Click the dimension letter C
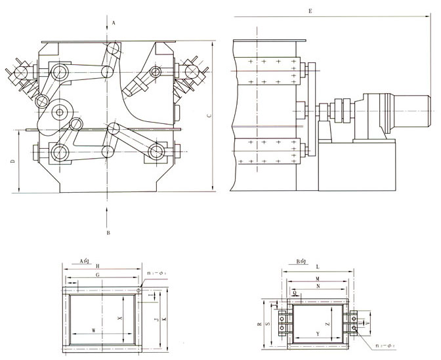pyautogui.click(x=208, y=116)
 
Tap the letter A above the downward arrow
pyautogui.click(x=114, y=23)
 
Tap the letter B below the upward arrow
pyautogui.click(x=108, y=232)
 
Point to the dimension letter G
pyautogui.click(x=97, y=277)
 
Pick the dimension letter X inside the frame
pyautogui.click(x=119, y=317)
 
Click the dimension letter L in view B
pyautogui.click(x=317, y=267)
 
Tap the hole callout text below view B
pyautogui.click(x=383, y=346)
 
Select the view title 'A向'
pyautogui.click(x=85, y=260)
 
